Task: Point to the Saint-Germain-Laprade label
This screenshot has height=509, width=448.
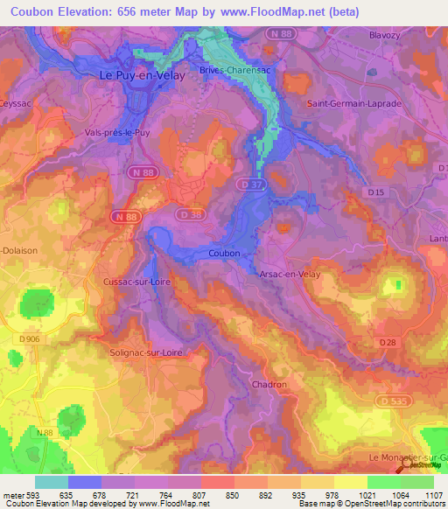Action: pos(354,103)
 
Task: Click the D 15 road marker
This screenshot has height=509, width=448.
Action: pos(376,192)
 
